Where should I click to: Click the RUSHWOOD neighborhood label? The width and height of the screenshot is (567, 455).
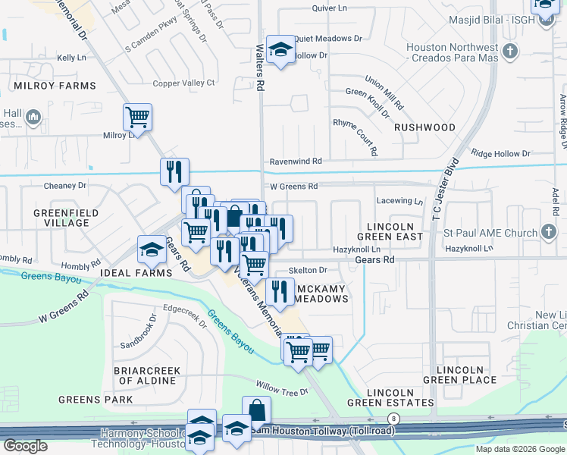(424, 127)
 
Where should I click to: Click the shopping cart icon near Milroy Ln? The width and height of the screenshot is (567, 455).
(138, 118)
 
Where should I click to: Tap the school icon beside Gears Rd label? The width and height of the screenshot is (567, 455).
(152, 249)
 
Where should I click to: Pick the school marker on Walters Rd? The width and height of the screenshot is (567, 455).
(280, 50)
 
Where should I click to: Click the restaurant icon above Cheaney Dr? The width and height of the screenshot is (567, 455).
(174, 171)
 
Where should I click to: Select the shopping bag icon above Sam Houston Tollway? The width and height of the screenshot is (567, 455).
(256, 409)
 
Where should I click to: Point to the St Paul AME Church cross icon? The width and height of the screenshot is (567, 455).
(550, 232)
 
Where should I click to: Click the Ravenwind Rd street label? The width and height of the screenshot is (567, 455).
(296, 162)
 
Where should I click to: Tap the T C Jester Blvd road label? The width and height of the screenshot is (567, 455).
(446, 190)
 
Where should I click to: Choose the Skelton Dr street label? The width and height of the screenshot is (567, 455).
(308, 270)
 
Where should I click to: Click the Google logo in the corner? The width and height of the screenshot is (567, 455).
(24, 446)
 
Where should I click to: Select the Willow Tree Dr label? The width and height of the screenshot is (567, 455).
(282, 392)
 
